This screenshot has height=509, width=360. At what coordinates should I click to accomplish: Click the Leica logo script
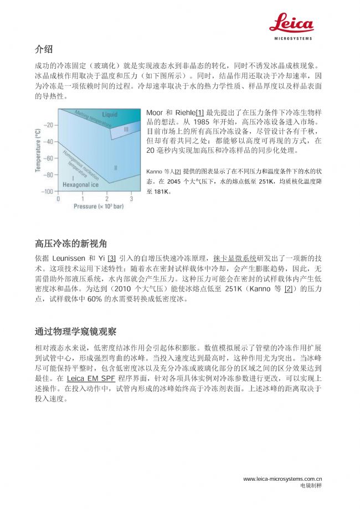(292, 23)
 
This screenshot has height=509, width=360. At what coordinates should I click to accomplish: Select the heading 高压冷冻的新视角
(71, 243)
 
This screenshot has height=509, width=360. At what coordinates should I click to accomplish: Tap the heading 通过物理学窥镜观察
(75, 332)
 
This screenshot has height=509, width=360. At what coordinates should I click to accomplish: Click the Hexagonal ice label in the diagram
(80, 184)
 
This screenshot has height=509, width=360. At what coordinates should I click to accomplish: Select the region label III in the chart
(126, 128)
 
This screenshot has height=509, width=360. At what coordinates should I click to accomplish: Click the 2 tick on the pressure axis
(107, 198)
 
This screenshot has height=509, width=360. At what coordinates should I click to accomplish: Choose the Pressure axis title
(97, 207)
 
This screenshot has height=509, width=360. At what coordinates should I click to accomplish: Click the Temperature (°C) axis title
(38, 150)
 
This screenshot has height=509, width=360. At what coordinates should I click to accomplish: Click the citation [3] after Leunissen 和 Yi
(111, 258)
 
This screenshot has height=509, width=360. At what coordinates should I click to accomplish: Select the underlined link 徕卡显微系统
(235, 258)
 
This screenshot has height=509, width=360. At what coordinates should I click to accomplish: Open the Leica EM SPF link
(91, 378)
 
